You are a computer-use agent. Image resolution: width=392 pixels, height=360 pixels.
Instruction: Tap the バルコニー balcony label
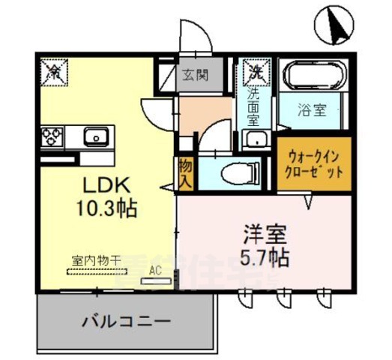coord(125,322)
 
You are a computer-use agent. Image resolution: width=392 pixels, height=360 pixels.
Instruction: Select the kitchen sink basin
coord(95,137)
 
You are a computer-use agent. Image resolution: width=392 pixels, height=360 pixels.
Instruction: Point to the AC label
coord(156,270)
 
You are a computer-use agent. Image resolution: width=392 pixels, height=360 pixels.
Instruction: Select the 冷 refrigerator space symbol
coord(54,72)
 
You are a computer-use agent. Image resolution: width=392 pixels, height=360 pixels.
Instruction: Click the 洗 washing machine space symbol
coord(257,73)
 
